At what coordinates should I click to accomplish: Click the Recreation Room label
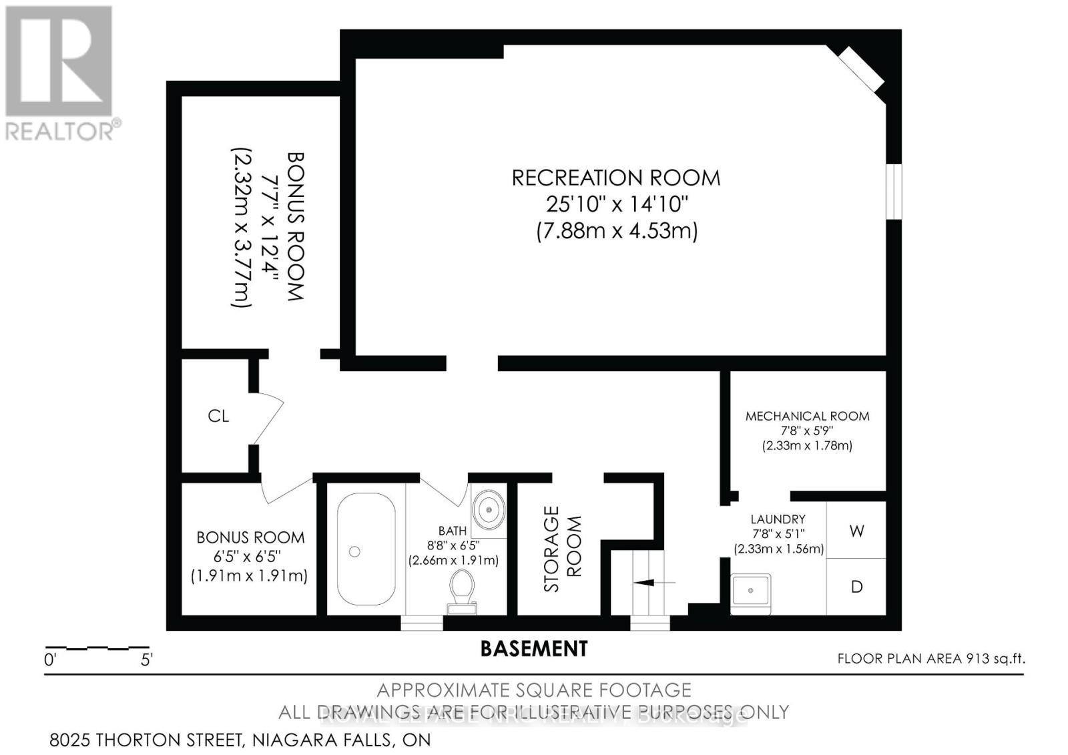[x=615, y=178]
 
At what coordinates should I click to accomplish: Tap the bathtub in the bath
[x=365, y=549]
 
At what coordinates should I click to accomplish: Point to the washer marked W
[x=856, y=531]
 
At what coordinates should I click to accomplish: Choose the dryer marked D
[x=856, y=587]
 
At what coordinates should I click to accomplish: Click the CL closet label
[x=218, y=416]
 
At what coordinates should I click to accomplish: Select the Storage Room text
[x=562, y=549]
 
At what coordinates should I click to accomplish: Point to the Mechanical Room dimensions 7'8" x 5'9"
[x=807, y=431]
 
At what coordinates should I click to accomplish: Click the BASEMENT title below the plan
[x=534, y=648]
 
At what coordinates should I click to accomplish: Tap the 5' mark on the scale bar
[x=147, y=660]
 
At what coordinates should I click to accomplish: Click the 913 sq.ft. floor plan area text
[x=995, y=659]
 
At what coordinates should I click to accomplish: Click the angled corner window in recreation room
[x=861, y=69]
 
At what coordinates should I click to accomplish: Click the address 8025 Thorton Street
[x=240, y=740]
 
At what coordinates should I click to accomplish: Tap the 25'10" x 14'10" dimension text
[x=615, y=204]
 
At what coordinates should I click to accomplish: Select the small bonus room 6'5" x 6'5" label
[x=250, y=556]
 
